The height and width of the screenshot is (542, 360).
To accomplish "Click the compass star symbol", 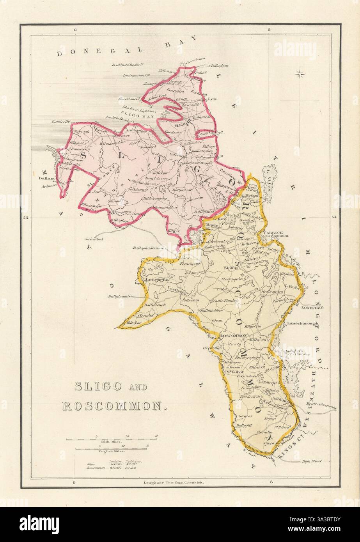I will pyautogui.click(x=300, y=73).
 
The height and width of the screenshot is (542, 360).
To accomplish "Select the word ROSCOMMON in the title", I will pyautogui.click(x=112, y=406).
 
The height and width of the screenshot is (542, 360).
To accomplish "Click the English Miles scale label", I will pyautogui.click(x=112, y=452).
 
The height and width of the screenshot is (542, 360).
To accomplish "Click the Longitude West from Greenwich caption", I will pyautogui.click(x=174, y=483).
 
